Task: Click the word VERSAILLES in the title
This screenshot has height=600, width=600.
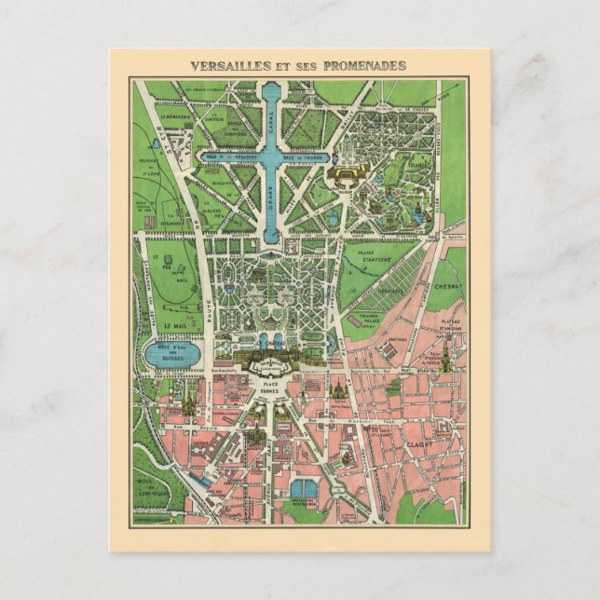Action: (x=227, y=66)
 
